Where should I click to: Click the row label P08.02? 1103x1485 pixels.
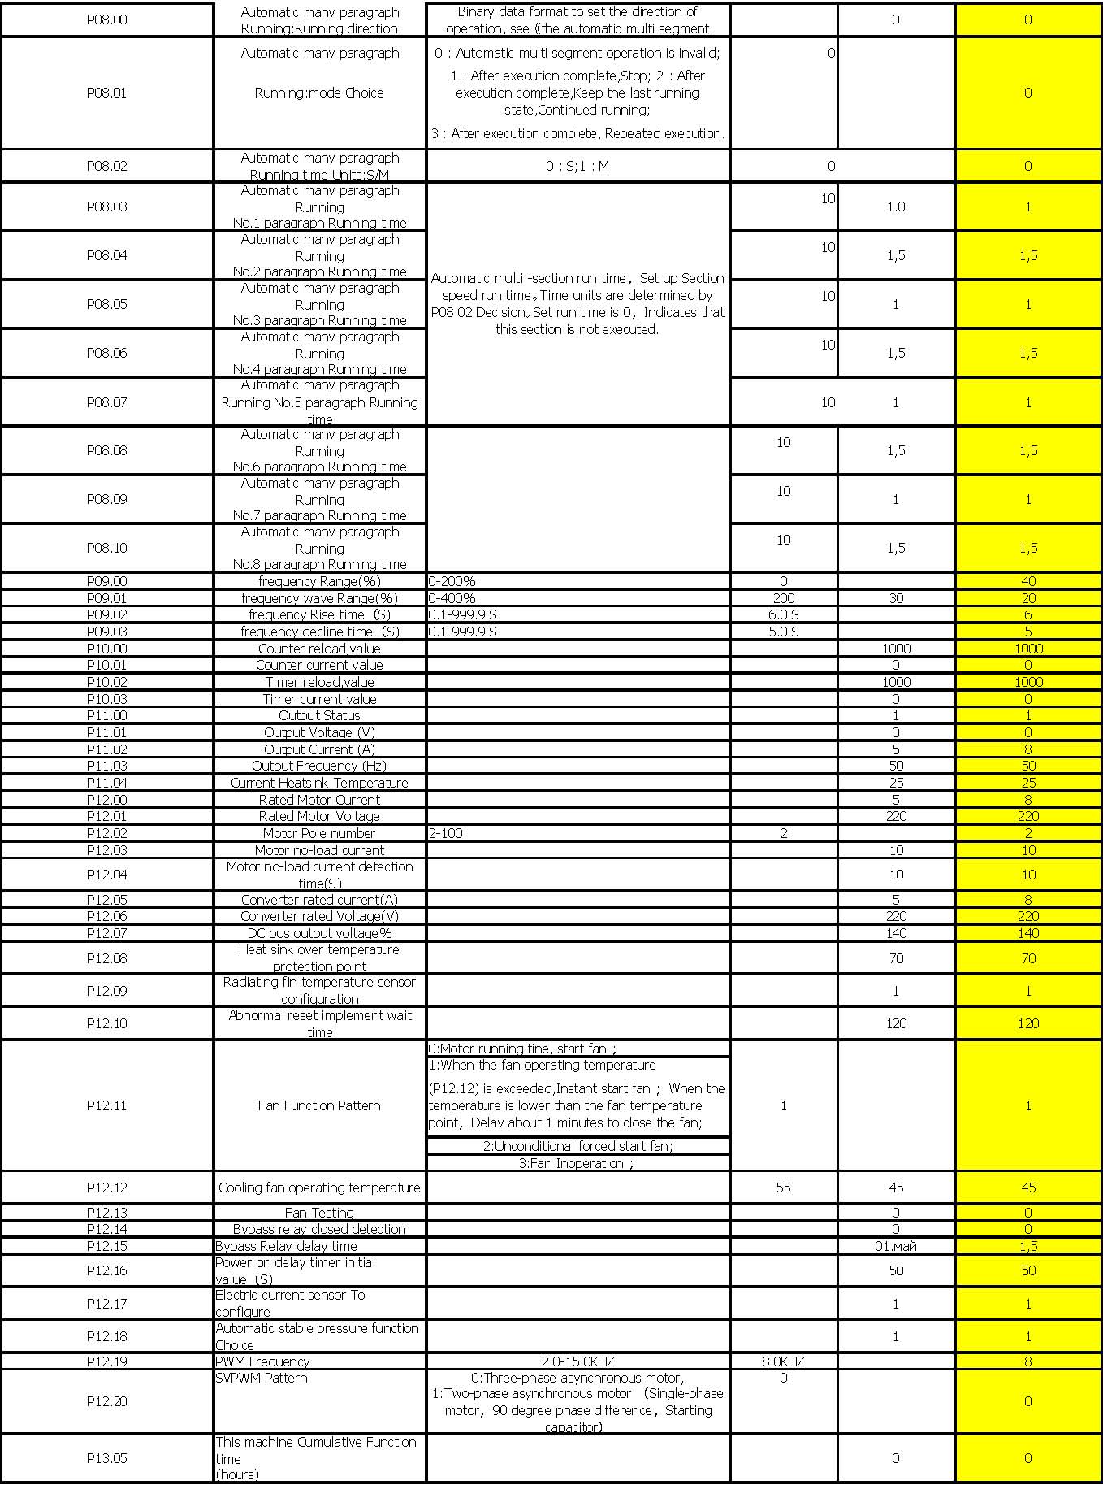(106, 166)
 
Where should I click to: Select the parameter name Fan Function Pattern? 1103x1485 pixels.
(319, 1105)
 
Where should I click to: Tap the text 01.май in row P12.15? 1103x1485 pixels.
(895, 1246)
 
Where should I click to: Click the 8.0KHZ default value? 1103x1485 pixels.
(783, 1361)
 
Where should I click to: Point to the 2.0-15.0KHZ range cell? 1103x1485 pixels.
(577, 1361)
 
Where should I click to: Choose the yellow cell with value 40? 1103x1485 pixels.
(1028, 581)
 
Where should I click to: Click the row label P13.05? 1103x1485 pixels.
(106, 1458)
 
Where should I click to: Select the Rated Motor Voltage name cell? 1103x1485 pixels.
(319, 816)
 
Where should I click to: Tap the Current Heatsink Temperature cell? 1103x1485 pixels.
(319, 783)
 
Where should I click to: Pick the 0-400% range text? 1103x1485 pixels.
(452, 598)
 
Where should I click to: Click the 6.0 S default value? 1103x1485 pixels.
(783, 614)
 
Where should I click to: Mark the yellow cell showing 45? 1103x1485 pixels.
(1028, 1188)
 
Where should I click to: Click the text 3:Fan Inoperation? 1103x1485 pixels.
(577, 1163)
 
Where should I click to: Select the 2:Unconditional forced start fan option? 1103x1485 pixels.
(577, 1146)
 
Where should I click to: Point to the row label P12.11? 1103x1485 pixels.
(106, 1105)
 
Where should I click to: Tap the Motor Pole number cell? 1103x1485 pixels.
(319, 833)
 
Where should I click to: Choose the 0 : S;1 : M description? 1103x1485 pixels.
(577, 166)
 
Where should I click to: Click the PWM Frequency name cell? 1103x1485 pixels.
(262, 1361)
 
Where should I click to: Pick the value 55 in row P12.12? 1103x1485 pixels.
(783, 1188)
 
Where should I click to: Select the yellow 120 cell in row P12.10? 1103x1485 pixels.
(1028, 1023)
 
